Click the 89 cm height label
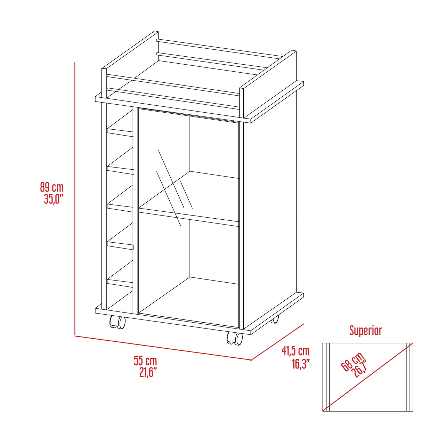click(x=52, y=187)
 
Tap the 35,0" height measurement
click(x=53, y=199)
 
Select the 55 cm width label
click(x=145, y=361)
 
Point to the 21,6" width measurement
click(x=148, y=372)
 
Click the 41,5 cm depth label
click(x=295, y=351)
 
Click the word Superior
click(x=365, y=330)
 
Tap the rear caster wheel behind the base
click(x=275, y=319)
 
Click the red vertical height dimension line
click(x=75, y=198)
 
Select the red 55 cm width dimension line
click(x=163, y=348)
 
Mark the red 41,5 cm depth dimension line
click(x=277, y=342)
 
